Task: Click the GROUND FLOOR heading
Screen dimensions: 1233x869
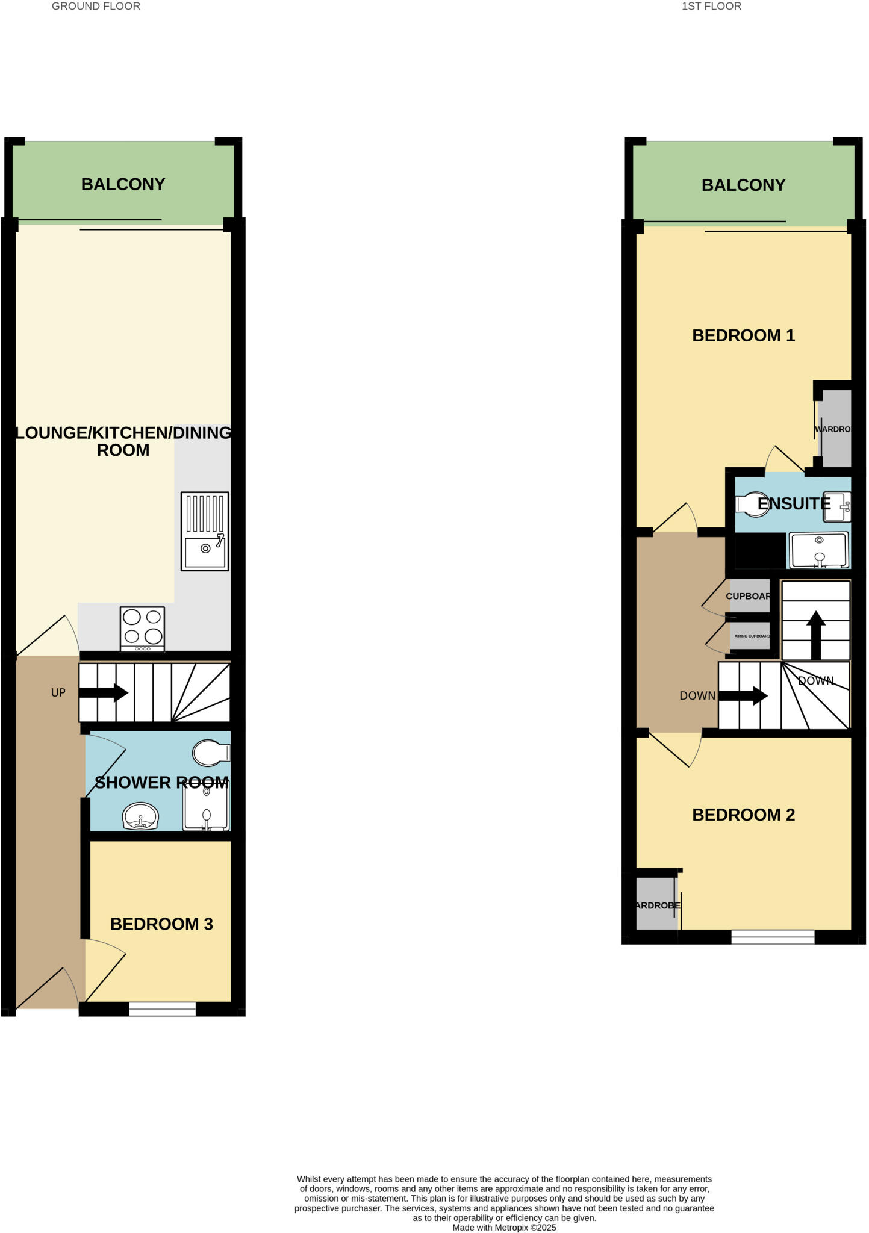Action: (x=96, y=7)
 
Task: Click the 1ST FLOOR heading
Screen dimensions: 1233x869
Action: (x=711, y=7)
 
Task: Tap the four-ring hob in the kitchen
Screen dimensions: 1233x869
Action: (x=142, y=628)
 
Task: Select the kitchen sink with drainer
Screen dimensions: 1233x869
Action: (x=205, y=531)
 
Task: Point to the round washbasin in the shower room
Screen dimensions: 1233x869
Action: (x=140, y=817)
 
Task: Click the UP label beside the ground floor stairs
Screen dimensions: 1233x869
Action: (x=58, y=693)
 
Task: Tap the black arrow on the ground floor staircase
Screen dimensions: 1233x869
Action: (x=104, y=693)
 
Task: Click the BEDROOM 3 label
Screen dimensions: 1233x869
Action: (x=161, y=924)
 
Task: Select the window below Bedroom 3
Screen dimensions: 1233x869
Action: (x=162, y=1009)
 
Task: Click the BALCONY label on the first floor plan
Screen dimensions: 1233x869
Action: (x=743, y=185)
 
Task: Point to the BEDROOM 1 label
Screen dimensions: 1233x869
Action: (x=743, y=335)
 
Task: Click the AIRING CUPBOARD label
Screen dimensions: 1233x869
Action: (x=751, y=636)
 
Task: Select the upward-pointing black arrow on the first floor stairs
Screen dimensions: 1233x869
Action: (x=815, y=635)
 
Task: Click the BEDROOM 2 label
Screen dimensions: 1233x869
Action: (x=743, y=815)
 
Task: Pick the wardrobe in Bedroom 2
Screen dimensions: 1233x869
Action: (x=656, y=904)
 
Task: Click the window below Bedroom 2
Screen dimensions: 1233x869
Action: (x=773, y=936)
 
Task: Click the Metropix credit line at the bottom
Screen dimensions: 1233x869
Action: (x=504, y=1228)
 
